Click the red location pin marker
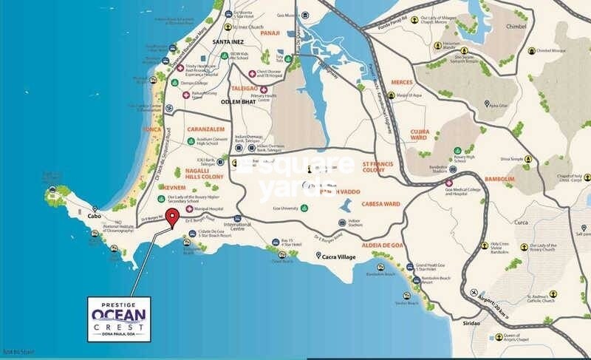pyautogui.click(x=172, y=218)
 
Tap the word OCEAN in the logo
pyautogui.click(x=119, y=313)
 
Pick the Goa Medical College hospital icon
pyautogui.click(x=449, y=183)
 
